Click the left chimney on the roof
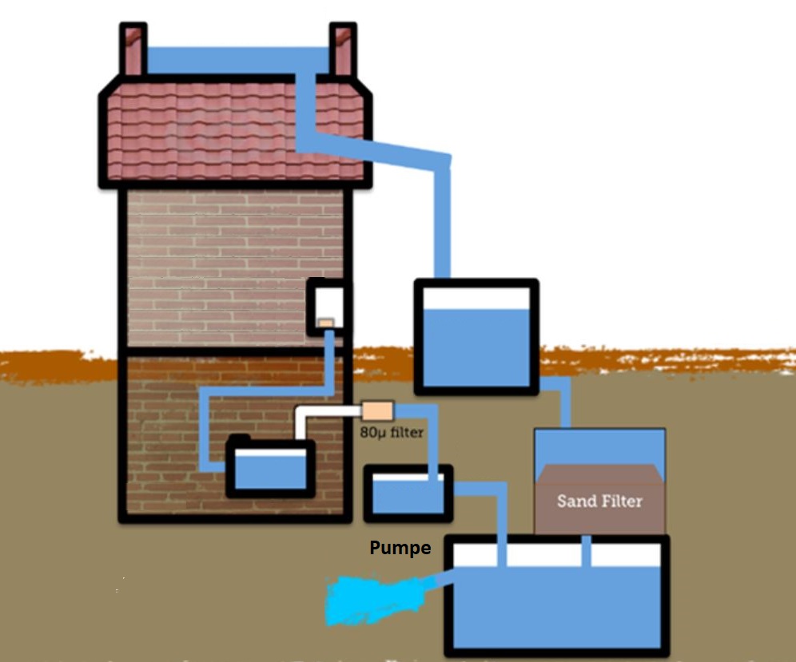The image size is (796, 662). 133,50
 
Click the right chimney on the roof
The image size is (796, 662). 343,50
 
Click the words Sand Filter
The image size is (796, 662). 599,501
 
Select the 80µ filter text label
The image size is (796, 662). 391,433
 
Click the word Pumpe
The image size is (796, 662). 400,549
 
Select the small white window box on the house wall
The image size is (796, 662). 328,306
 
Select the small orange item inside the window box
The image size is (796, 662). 325,323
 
